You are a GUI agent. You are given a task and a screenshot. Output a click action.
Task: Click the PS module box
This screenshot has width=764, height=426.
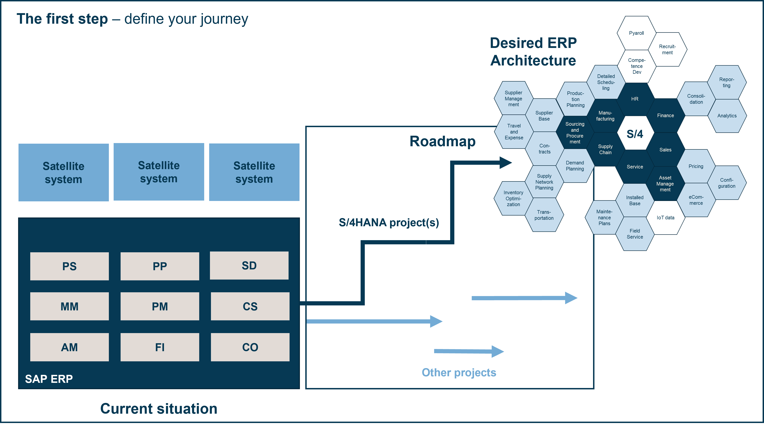pos(69,266)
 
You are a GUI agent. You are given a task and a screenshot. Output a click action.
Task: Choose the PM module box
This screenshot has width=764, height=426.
pos(160,306)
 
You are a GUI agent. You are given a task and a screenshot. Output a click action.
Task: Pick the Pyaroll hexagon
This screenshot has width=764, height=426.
pos(636,33)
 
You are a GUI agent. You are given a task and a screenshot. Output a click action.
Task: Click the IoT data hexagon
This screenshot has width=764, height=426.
pos(665,218)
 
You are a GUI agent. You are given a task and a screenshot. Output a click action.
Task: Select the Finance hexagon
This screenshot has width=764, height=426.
pos(665,115)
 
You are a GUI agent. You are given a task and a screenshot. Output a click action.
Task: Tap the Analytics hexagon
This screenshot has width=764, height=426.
pos(727,116)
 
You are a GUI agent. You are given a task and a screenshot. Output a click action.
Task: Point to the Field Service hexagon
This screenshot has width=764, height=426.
pos(635,234)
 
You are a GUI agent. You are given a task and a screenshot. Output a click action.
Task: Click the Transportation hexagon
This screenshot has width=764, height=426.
pos(544,215)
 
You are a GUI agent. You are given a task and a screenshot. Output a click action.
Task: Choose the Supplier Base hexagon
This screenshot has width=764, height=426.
pos(544,116)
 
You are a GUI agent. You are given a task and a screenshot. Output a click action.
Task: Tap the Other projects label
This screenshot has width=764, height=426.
pos(459,372)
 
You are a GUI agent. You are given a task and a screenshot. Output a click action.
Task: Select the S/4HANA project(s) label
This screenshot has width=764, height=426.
pos(389,222)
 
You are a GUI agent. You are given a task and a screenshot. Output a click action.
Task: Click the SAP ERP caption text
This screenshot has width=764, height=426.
pos(49,379)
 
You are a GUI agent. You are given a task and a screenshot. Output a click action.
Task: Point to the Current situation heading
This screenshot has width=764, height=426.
pos(159,408)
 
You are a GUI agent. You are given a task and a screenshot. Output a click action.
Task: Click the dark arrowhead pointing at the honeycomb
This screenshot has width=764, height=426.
pos(505,162)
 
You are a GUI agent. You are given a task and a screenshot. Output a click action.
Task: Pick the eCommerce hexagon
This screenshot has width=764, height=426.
pos(696,200)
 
